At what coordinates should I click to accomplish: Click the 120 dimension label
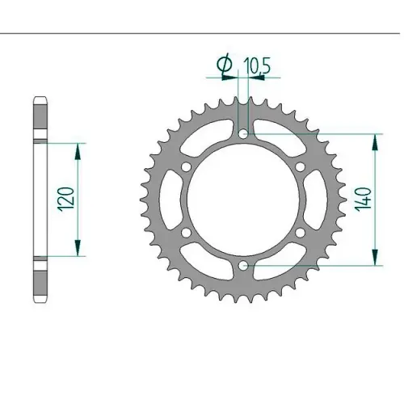pyautogui.click(x=65, y=200)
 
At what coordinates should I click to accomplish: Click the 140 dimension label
pyautogui.click(x=363, y=200)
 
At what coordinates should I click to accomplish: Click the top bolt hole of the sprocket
pyautogui.click(x=243, y=133)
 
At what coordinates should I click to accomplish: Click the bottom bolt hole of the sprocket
pyautogui.click(x=243, y=266)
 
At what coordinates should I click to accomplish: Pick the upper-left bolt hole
pyautogui.click(x=186, y=166)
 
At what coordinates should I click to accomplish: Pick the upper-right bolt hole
pyautogui.click(x=301, y=166)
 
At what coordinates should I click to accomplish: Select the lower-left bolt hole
pyautogui.click(x=186, y=233)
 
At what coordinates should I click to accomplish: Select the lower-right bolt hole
pyautogui.click(x=301, y=233)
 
